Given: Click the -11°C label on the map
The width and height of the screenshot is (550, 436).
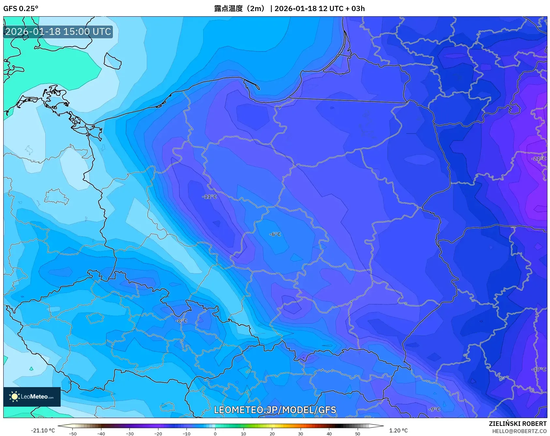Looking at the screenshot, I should (x=209, y=196).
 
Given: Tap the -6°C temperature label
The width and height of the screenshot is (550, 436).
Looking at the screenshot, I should (x=275, y=234).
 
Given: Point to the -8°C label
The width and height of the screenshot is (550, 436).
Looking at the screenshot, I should (x=181, y=321).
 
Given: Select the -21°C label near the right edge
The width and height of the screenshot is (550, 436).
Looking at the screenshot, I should (x=539, y=159).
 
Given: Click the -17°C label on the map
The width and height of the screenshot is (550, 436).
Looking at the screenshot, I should (x=539, y=369).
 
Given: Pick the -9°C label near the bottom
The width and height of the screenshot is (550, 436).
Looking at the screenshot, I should (x=434, y=409).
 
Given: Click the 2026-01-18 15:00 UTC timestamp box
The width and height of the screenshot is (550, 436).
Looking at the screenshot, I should (x=58, y=32).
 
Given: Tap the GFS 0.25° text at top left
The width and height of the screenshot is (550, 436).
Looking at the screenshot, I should (x=21, y=8).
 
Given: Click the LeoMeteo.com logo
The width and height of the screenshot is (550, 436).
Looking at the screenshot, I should (x=32, y=397).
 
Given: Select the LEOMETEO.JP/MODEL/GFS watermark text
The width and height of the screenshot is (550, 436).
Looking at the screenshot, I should (x=275, y=410).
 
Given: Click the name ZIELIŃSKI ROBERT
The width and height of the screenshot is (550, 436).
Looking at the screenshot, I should (x=517, y=424).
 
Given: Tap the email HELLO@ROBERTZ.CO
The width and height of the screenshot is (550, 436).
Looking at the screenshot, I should (x=519, y=431).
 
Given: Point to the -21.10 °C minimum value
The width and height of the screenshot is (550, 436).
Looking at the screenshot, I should (x=43, y=430).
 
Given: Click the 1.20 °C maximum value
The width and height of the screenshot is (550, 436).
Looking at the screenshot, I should (x=398, y=430).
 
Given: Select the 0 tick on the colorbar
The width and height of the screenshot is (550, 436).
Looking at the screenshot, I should (x=215, y=434).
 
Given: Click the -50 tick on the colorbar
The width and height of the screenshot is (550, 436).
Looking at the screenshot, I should (x=73, y=434).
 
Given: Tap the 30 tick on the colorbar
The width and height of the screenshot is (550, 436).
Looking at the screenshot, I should (x=301, y=434).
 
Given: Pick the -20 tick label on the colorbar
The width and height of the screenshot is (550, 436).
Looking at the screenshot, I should (x=158, y=434).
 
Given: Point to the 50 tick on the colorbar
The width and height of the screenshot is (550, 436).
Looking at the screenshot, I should (x=358, y=434).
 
